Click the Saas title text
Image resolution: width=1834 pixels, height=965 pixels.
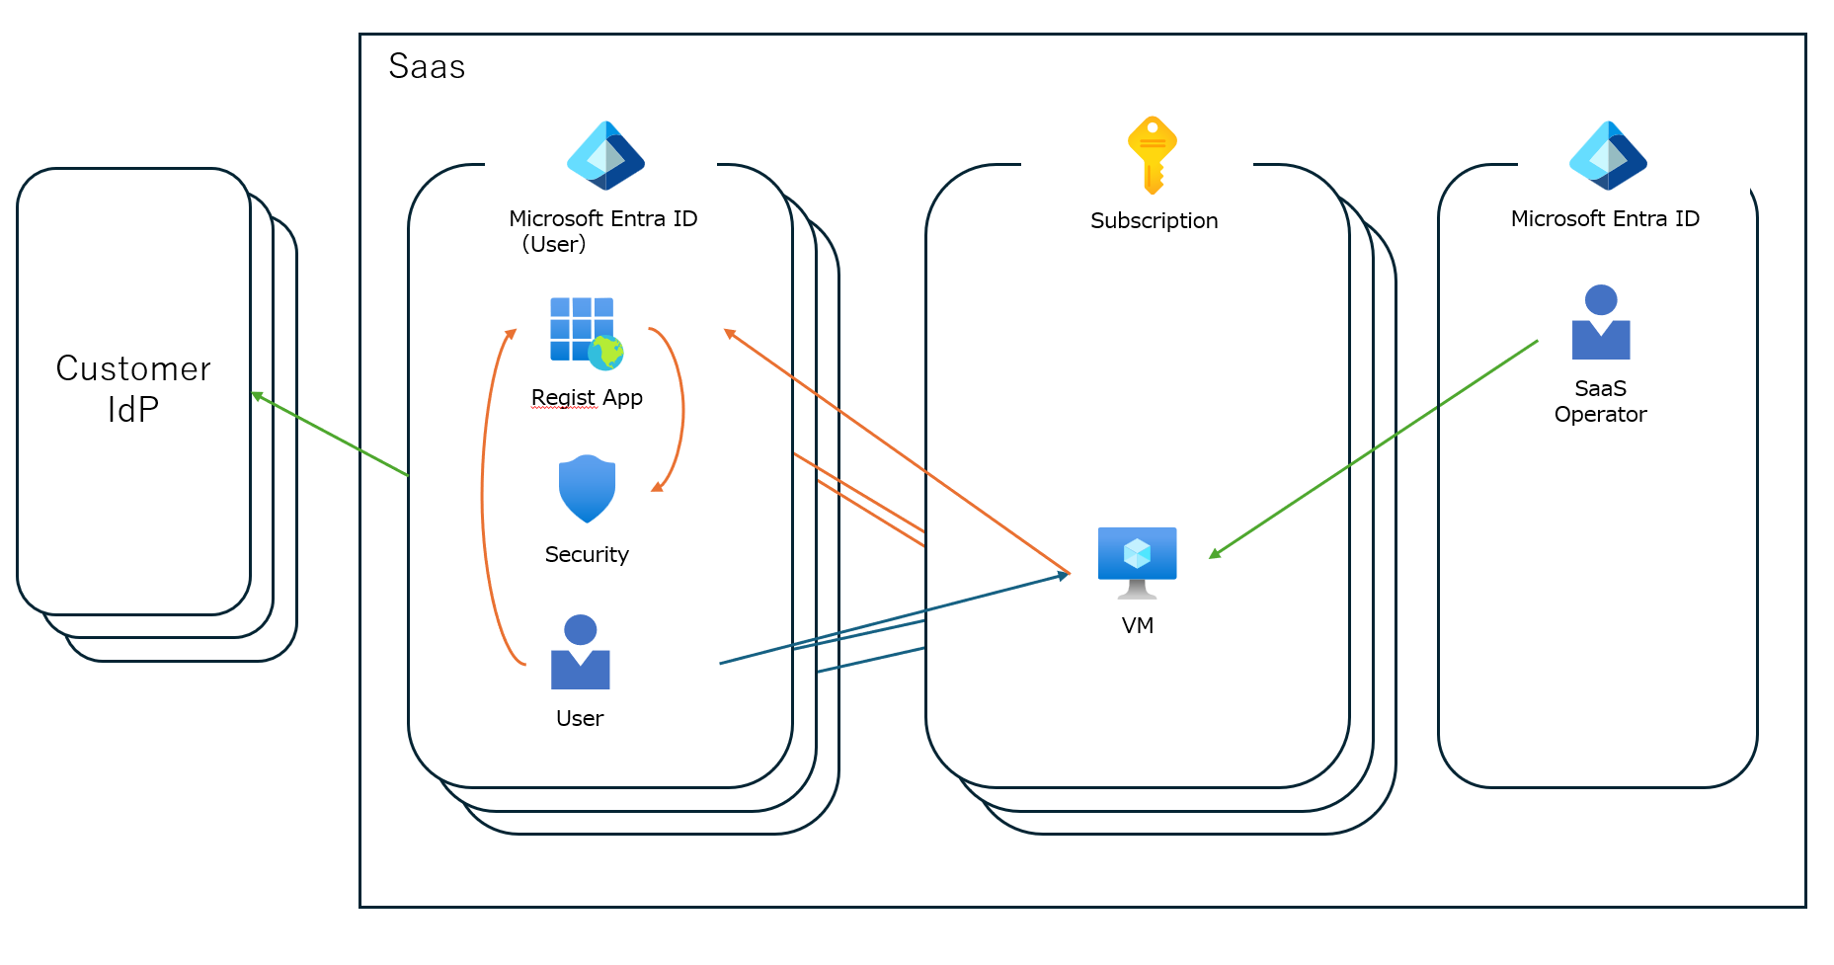pos(427,66)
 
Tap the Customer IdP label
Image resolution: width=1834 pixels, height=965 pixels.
pos(133,388)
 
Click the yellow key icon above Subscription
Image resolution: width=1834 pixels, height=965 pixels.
pos(1152,155)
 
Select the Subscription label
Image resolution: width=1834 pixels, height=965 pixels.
pos(1154,220)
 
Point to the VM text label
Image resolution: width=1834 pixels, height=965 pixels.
pos(1137,625)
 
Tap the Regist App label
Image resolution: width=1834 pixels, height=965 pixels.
pos(587,398)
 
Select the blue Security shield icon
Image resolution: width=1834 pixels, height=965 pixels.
pos(587,489)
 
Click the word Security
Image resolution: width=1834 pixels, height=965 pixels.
pos(587,554)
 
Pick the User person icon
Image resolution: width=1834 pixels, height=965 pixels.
pos(580,652)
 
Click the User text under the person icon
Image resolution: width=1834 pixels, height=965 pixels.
pos(580,718)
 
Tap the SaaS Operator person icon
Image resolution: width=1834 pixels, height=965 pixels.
pos(1600,322)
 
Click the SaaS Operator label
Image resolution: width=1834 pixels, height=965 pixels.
pos(1600,401)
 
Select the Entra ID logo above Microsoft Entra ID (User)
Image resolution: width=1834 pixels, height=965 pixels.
pos(605,155)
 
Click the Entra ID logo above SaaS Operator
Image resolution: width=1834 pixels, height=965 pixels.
pos(1608,155)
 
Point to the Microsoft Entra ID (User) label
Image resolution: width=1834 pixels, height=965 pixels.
pos(602,231)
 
